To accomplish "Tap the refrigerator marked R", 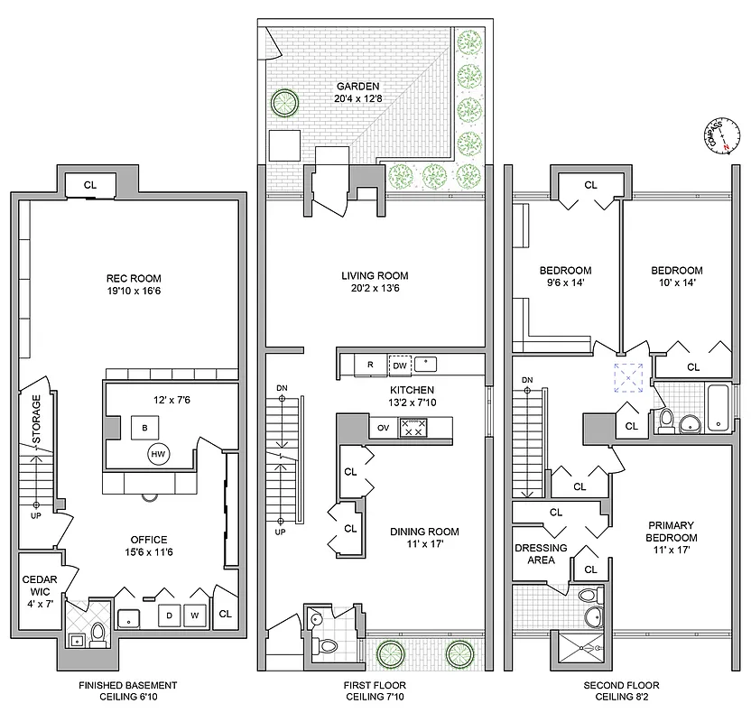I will pos(369,366).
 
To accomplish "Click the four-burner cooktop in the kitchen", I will pos(413,429).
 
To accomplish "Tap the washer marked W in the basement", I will pos(193,616).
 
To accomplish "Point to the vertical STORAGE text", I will pos(37,420).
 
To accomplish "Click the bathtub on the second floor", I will pos(720,409).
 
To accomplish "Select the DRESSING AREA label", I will pos(541,554).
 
